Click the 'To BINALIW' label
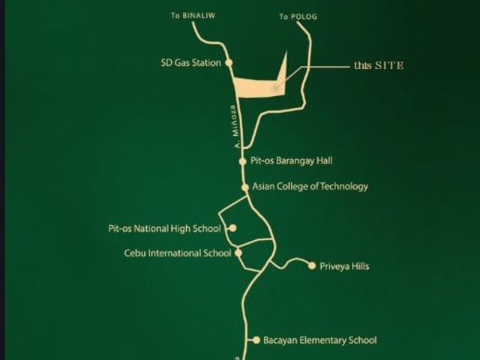[193, 15]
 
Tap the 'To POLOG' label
[298, 16]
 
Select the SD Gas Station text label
[190, 63]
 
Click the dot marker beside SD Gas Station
[229, 63]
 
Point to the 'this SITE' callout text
[379, 65]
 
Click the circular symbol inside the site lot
[275, 88]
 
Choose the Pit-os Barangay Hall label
[291, 161]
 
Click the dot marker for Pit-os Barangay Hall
[243, 161]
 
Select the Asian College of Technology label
[310, 187]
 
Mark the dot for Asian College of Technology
[245, 187]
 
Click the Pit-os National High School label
[164, 229]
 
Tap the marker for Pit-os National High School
[233, 228]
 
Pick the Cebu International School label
[178, 253]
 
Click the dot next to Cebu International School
[238, 253]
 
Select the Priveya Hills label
[344, 266]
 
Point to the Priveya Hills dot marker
[312, 265]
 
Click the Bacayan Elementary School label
[320, 340]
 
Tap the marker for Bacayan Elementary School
[256, 340]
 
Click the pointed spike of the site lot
[286, 50]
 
